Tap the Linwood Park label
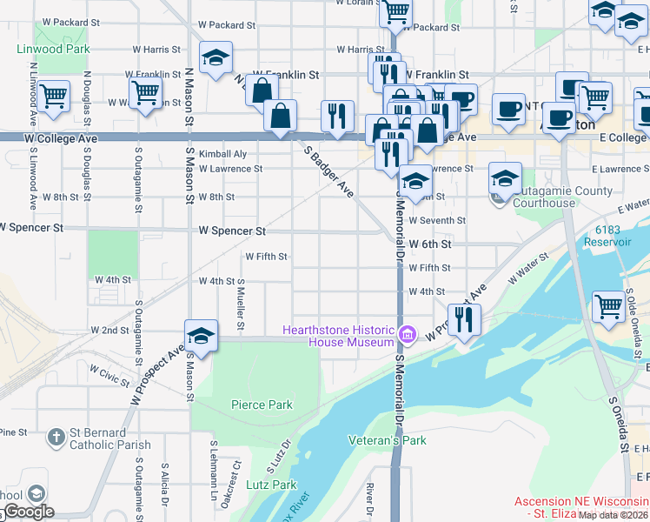(x=53, y=49)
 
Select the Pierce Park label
(x=262, y=405)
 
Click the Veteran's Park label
(x=388, y=440)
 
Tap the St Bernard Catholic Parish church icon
(x=56, y=438)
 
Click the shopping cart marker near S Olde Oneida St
(x=608, y=305)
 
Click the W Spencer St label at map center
(x=232, y=231)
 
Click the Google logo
(x=28, y=512)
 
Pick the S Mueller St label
(x=241, y=305)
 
